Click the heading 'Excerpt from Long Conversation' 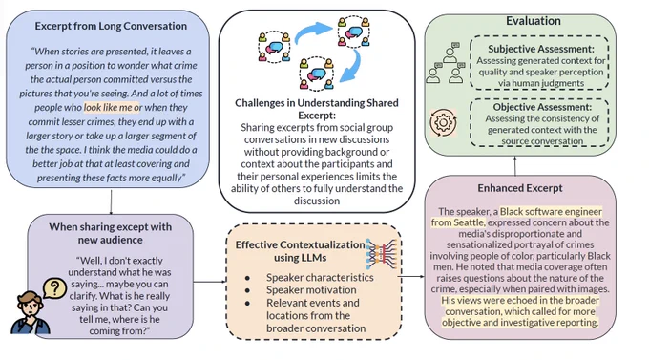pos(111,26)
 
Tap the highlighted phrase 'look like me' pos(108,107)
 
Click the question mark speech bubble pos(54,288)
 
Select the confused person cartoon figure pos(30,312)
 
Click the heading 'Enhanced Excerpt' pos(520,188)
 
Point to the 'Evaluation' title pos(534,21)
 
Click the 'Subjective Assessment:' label pos(540,49)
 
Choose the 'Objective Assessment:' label pos(542,107)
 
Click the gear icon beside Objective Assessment pos(443,122)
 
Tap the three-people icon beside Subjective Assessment pos(446,63)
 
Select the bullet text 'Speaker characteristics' pos(320,277)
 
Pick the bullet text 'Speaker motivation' pos(311,289)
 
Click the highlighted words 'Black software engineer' pos(551,212)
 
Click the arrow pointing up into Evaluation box pos(514,166)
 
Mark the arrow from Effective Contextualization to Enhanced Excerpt pos(411,276)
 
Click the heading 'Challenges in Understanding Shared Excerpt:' pos(317,109)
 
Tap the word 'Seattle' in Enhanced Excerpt pos(457,222)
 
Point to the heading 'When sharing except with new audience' pos(110,233)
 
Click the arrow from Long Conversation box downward pos(111,202)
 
